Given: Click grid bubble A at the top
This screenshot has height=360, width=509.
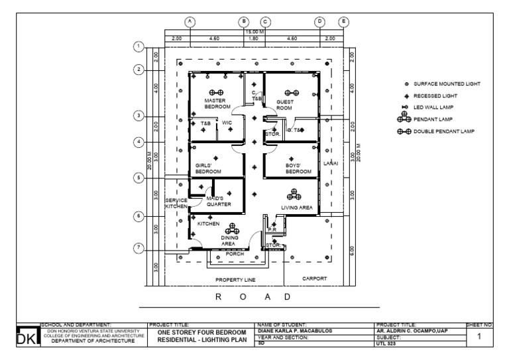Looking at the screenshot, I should pyautogui.click(x=190, y=21).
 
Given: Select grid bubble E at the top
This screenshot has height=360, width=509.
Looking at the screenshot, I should pyautogui.click(x=344, y=21).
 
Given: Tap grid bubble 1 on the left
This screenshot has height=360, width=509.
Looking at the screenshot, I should pyautogui.click(x=139, y=46).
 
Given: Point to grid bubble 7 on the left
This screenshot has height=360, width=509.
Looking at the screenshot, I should pyautogui.click(x=139, y=248).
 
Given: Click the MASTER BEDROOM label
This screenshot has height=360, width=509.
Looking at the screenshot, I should pyautogui.click(x=217, y=103).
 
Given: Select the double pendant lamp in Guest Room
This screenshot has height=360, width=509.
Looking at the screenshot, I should pyautogui.click(x=292, y=93).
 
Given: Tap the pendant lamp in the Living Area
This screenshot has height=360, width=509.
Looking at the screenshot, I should pyautogui.click(x=292, y=194).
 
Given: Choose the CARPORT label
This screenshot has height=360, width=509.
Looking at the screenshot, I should pyautogui.click(x=315, y=278).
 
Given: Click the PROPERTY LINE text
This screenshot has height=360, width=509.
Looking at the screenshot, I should pyautogui.click(x=235, y=280).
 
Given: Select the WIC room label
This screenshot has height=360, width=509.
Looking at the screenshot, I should pyautogui.click(x=227, y=123).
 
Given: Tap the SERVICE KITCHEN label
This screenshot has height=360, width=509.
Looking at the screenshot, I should pyautogui.click(x=177, y=204).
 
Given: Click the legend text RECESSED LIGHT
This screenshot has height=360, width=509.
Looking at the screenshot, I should pyautogui.click(x=437, y=95).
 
